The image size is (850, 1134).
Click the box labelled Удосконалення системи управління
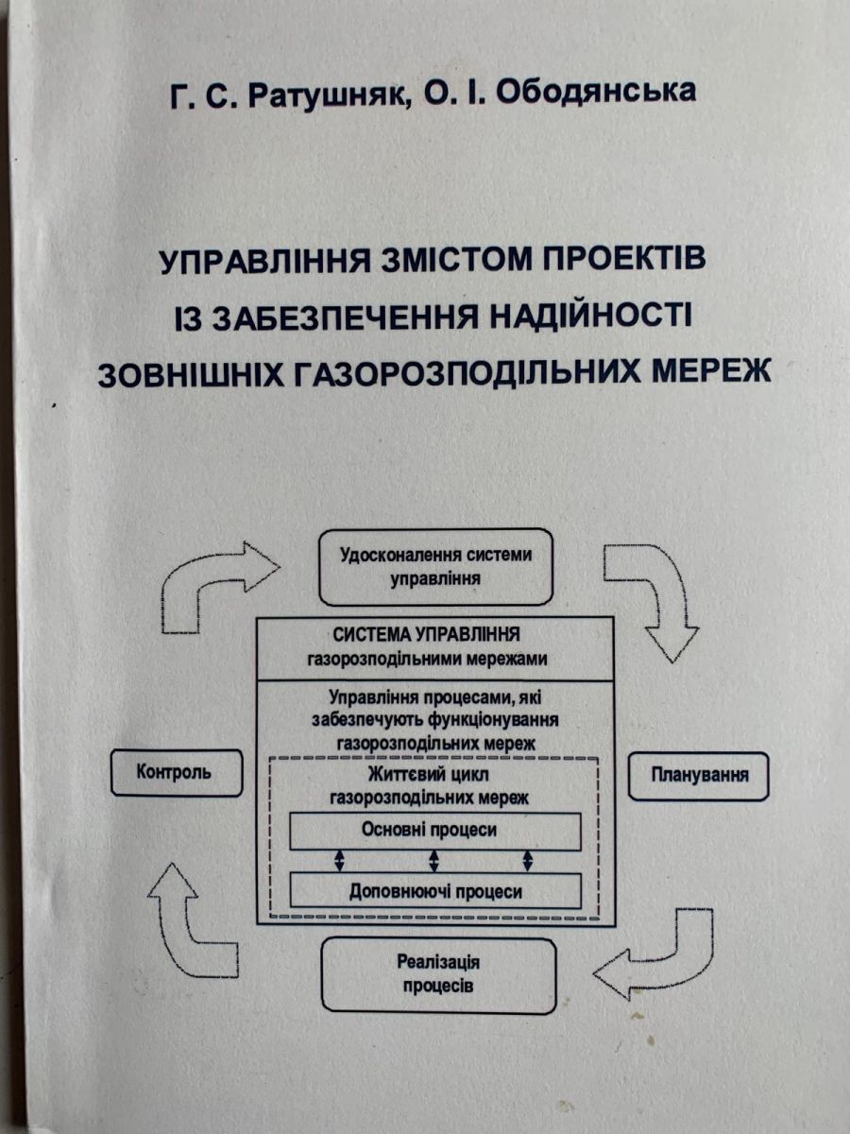click(435, 565)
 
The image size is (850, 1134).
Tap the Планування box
click(700, 776)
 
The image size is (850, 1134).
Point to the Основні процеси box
click(433, 831)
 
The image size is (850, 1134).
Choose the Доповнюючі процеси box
click(434, 890)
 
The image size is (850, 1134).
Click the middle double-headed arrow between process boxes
click(433, 860)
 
